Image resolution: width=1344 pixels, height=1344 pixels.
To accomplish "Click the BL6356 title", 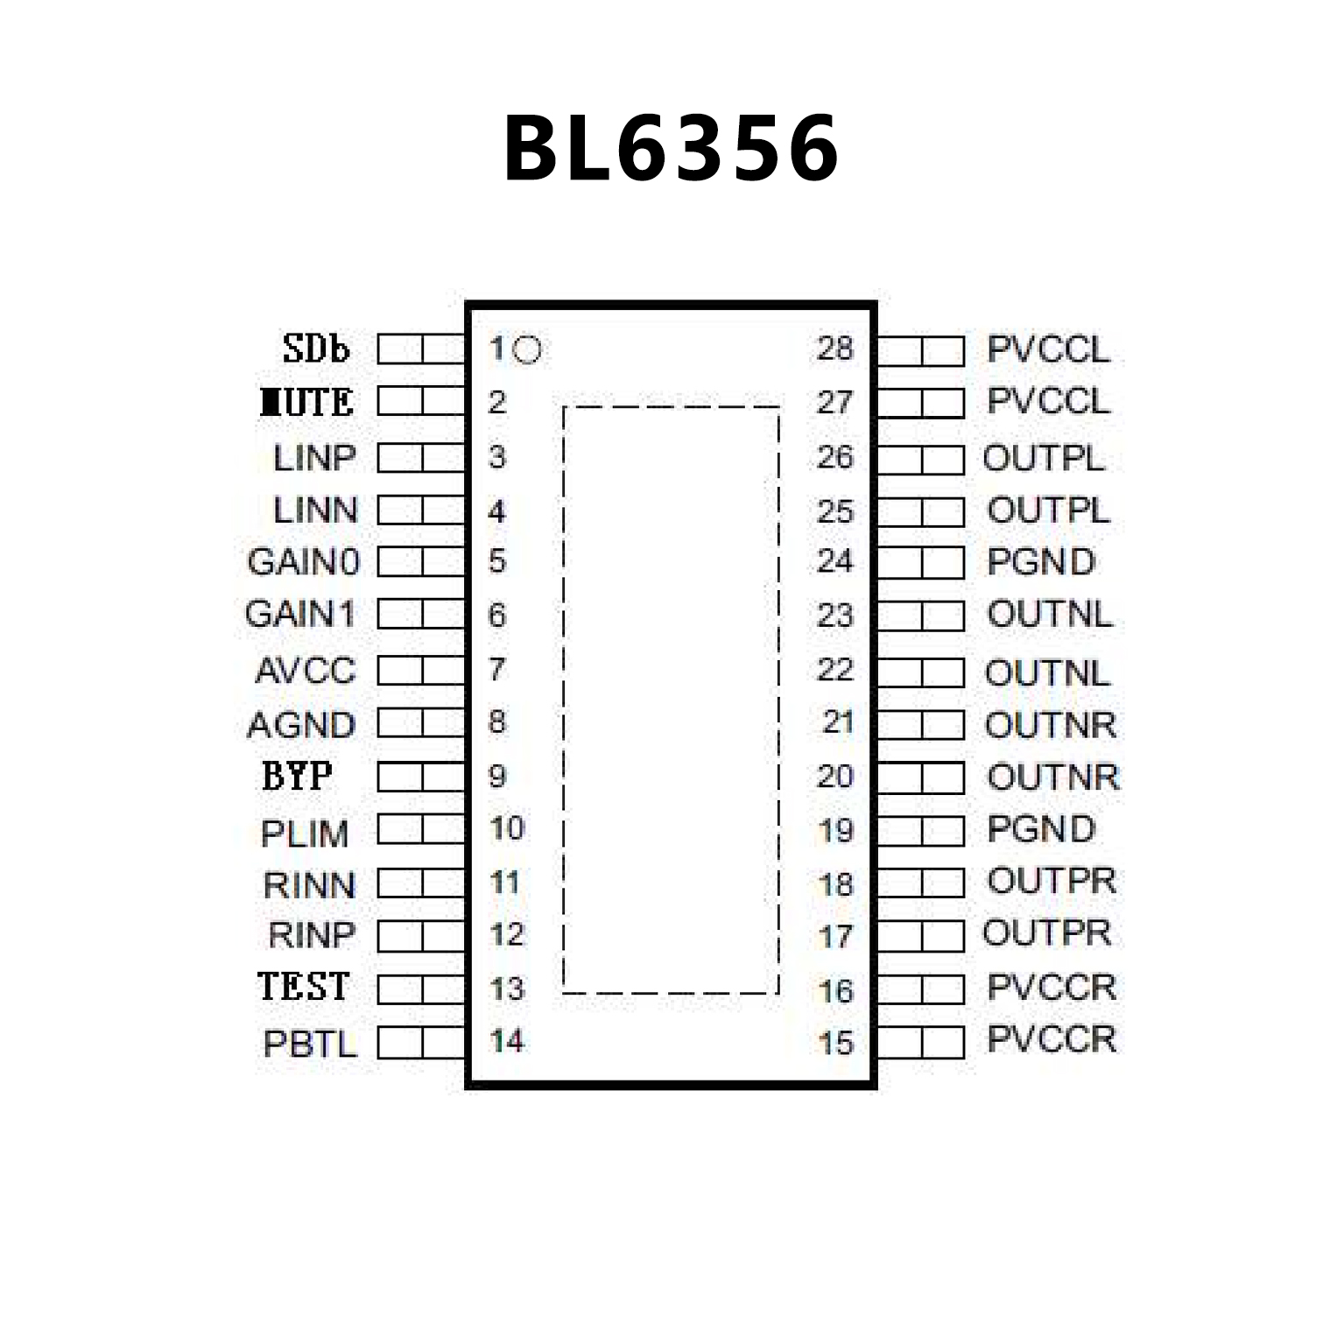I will pos(672,149).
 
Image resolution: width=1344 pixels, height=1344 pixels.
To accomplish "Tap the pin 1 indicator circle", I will pos(527,350).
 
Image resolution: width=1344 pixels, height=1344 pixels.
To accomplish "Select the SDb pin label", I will pos(316,349).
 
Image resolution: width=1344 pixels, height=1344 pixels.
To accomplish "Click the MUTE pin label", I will pos(307,403).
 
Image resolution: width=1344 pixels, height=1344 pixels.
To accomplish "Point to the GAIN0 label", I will pos(304,562).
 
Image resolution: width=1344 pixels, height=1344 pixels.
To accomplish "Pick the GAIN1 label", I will pos(300,615).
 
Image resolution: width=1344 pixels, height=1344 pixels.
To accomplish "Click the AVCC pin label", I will pos(306,672).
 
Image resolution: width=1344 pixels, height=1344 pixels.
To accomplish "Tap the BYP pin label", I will pos(297,777).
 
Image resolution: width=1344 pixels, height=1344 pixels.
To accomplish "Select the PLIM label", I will pos(305,834).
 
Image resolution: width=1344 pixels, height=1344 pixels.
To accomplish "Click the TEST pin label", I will pos(304,987).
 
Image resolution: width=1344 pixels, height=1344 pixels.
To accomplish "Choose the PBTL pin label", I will pos(310,1044).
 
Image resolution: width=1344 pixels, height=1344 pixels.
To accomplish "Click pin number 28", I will pos(834,349).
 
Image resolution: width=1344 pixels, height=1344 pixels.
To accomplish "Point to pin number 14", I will pos(507,1041).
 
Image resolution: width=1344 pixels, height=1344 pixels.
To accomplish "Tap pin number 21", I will pos(838,722).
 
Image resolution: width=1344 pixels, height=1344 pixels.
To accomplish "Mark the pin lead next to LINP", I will pos(420,458).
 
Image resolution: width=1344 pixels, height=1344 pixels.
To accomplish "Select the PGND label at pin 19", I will pos(1041,829).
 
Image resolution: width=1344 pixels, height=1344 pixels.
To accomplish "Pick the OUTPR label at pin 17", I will pos(1047,933).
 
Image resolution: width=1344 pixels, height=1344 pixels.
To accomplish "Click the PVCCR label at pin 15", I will pos(1052,1039).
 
